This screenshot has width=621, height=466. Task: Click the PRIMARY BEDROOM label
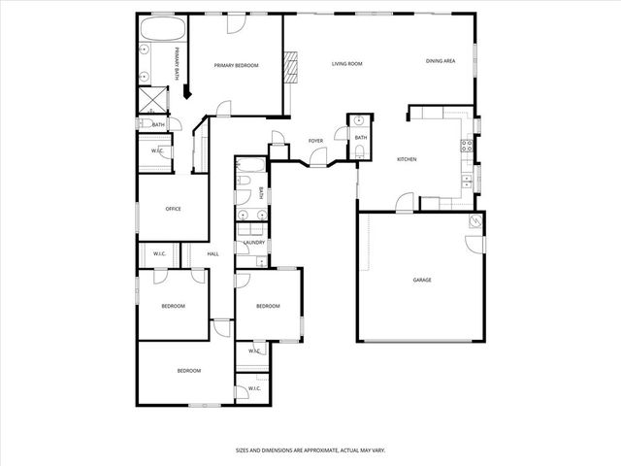(x=237, y=65)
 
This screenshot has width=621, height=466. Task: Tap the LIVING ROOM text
(x=346, y=64)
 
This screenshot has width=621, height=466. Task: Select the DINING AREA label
(x=441, y=61)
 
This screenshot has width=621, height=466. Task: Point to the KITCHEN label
(x=407, y=159)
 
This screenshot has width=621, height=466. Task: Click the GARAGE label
(x=422, y=280)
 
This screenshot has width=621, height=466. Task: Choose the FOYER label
(x=315, y=141)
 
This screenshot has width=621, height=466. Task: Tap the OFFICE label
(x=174, y=209)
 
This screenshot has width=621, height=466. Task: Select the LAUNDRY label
(x=254, y=243)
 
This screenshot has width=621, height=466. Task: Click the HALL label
(x=212, y=254)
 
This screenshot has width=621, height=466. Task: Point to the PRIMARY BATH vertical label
(x=177, y=63)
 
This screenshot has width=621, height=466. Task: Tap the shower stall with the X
(x=153, y=100)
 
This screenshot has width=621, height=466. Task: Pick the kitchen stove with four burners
(x=466, y=148)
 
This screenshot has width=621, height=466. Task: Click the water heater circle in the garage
(x=475, y=222)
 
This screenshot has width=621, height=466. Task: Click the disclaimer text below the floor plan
(x=310, y=449)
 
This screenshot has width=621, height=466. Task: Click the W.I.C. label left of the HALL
(x=159, y=254)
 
